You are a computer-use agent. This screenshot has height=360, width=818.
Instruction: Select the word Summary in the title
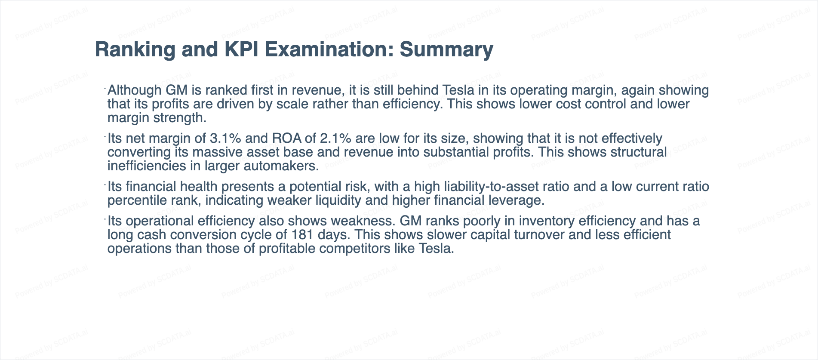pyautogui.click(x=446, y=50)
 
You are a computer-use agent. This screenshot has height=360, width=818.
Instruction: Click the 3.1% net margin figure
pyautogui.click(x=225, y=138)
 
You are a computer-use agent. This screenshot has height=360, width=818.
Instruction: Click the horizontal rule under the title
pyautogui.click(x=409, y=72)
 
